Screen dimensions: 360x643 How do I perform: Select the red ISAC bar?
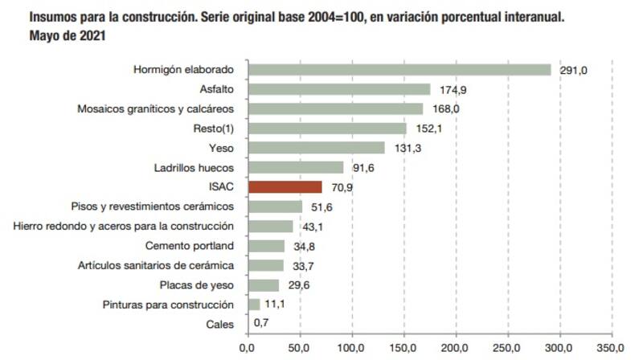click(x=285, y=187)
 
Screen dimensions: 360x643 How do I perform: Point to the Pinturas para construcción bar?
click(x=253, y=305)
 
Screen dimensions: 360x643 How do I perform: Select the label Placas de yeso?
click(x=197, y=285)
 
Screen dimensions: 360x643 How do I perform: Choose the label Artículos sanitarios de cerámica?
click(x=156, y=265)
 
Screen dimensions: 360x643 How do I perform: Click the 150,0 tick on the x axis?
click(x=403, y=349)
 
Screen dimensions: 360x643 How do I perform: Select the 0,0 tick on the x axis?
click(x=247, y=349)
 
